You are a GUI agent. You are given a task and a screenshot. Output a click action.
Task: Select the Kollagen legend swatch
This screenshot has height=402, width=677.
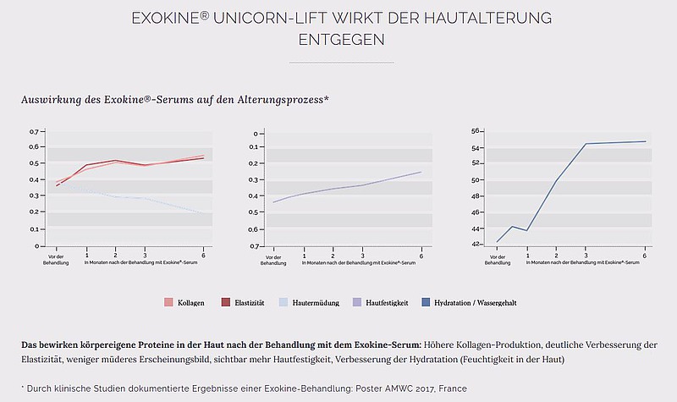click(x=168, y=302)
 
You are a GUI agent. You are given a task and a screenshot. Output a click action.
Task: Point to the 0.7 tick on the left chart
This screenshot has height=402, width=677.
click(x=34, y=132)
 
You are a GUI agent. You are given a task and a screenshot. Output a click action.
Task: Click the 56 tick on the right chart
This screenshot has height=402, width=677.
click(x=476, y=131)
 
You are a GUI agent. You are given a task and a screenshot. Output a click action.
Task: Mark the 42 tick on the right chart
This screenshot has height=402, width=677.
click(x=476, y=244)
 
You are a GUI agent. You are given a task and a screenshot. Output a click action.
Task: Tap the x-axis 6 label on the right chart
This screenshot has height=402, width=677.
click(x=645, y=256)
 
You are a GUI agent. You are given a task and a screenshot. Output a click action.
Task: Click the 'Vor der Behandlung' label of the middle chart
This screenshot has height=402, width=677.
click(x=272, y=259)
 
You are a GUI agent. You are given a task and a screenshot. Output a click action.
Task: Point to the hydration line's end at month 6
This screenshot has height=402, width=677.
click(x=645, y=141)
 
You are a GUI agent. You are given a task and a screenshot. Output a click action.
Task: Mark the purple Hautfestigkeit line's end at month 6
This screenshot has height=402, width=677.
click(x=421, y=172)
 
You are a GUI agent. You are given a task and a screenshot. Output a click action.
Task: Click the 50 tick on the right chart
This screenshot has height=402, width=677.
click(x=476, y=179)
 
